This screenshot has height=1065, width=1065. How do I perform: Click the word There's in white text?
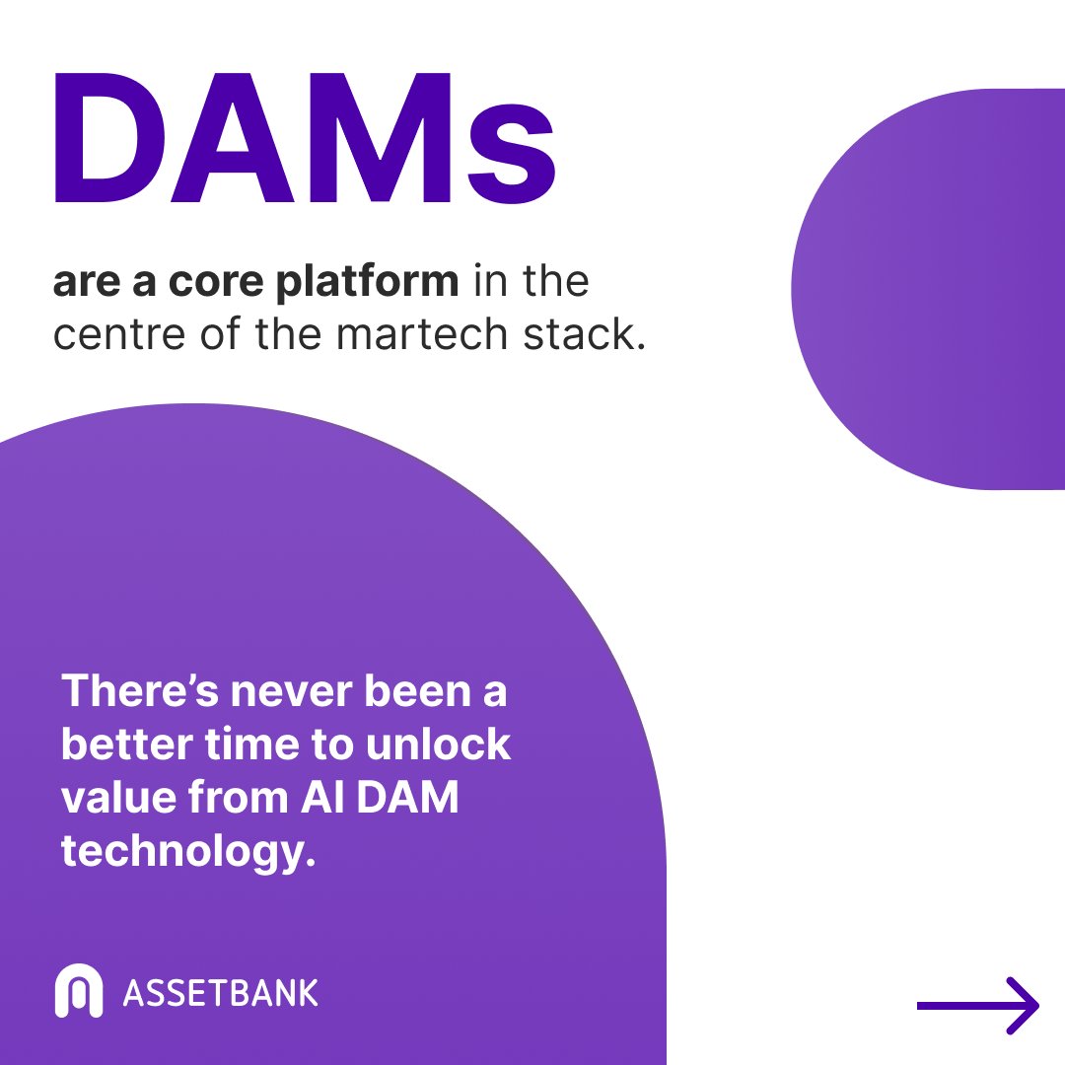139,691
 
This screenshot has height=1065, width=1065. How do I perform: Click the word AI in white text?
319,799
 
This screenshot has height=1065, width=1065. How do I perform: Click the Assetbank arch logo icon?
78,991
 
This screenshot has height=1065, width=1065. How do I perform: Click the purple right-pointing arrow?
978,1006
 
